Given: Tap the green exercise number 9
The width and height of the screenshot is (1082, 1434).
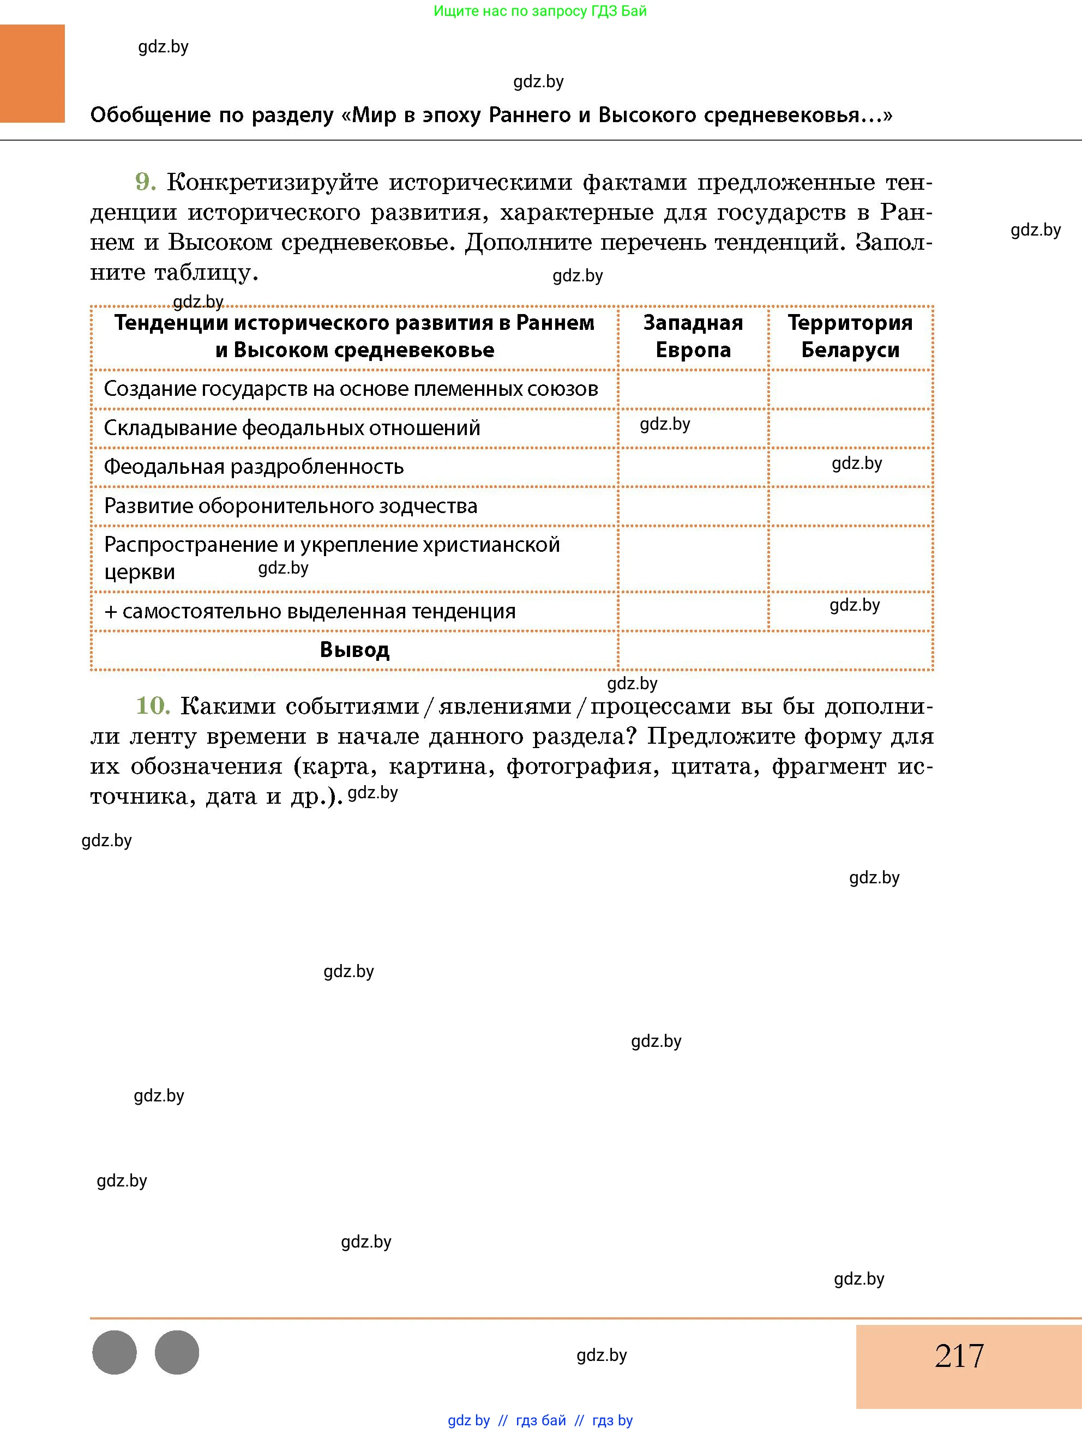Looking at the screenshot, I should coord(145,182).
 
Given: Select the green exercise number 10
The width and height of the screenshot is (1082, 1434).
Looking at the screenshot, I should coord(152,706).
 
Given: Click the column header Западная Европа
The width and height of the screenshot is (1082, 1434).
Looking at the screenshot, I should coord(693,336).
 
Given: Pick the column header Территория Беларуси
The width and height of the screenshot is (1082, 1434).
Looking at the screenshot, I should coord(850,336).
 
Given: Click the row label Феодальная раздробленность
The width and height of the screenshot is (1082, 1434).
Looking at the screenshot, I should coord(254,467).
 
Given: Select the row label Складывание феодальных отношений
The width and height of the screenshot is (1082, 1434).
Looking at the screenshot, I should coord(292,428).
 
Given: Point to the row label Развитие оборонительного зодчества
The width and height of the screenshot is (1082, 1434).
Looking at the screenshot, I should coord(291,505).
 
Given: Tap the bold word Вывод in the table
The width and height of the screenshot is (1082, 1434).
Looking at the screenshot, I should coord(354,649).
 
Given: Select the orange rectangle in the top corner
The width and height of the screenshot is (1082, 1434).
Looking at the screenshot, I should coord(32,73).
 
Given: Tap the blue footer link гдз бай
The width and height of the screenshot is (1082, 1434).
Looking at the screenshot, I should coord(540,1420).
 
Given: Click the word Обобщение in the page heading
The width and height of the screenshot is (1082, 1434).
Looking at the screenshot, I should coord(151,116).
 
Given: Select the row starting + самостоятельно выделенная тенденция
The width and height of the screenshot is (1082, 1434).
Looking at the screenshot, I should coord(310,611).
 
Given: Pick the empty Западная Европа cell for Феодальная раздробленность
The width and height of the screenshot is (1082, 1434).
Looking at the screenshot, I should coord(693,467).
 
